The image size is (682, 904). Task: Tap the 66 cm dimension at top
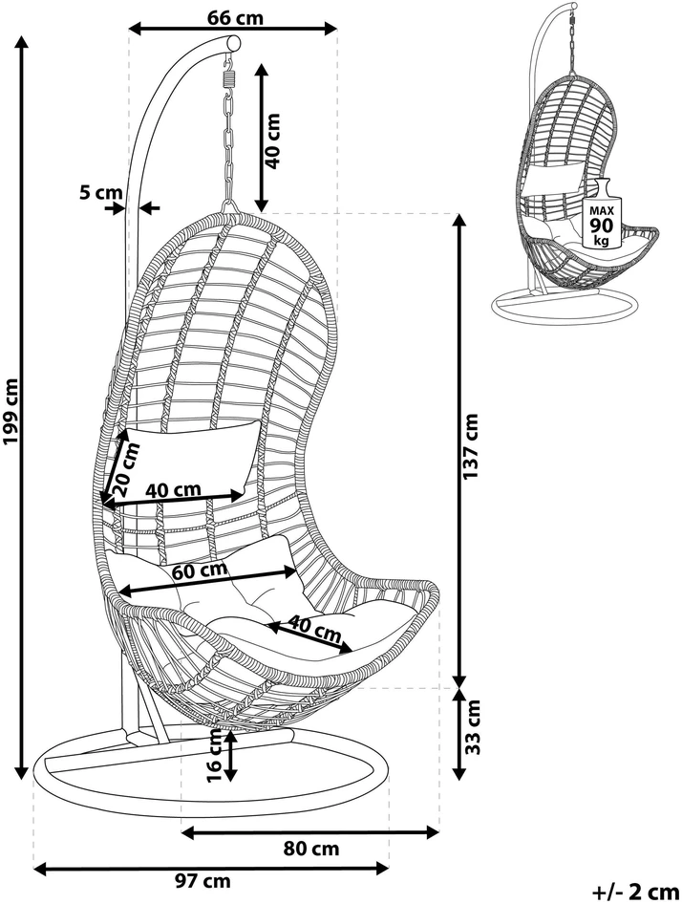click(235, 18)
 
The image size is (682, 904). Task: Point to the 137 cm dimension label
click(471, 448)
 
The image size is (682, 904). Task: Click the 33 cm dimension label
click(473, 726)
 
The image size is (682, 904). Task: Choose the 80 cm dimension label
click(311, 849)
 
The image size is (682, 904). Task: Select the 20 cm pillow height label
click(127, 469)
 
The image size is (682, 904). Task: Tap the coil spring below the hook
click(230, 75)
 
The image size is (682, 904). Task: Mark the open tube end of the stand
click(234, 43)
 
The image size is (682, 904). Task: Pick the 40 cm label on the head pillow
click(173, 490)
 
